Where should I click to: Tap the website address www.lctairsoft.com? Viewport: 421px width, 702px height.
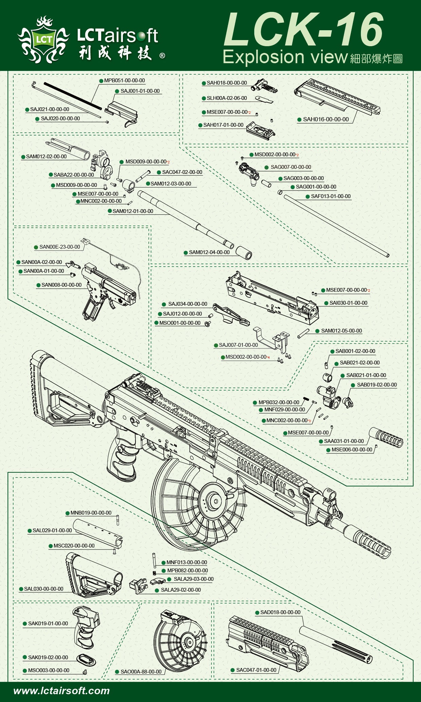coord(61,691)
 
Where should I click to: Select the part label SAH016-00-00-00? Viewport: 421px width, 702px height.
coord(326,120)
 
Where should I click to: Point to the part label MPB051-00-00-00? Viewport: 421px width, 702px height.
coord(125,80)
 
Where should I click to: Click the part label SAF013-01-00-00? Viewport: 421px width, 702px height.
coord(331,196)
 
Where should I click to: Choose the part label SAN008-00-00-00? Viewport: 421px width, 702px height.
coord(61,285)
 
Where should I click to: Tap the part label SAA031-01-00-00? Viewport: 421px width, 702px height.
coord(344,441)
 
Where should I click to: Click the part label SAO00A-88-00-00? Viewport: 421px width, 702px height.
coord(141,672)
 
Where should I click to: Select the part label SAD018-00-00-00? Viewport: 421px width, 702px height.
coord(280,612)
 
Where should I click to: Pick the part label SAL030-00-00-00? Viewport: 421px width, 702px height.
coord(44,589)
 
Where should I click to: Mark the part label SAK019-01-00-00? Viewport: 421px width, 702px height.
coord(48,624)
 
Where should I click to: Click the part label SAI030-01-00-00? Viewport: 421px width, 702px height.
coord(348,303)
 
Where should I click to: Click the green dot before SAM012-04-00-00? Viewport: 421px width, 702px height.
coord(186,253)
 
